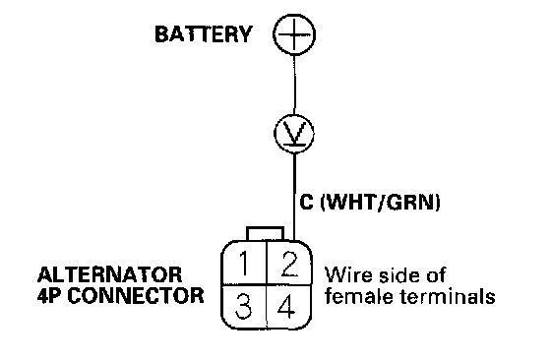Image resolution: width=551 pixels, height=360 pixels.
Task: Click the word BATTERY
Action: tap(204, 34)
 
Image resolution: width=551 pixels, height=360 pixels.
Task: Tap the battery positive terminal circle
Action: tap(294, 34)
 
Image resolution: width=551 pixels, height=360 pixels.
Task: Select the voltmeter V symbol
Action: tap(294, 133)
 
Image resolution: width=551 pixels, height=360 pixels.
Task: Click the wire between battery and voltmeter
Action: tap(294, 85)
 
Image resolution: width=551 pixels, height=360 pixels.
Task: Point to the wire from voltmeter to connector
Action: tap(294, 197)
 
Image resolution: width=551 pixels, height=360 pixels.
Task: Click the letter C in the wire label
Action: tap(306, 202)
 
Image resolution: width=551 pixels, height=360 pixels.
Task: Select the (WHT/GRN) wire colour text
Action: tap(381, 202)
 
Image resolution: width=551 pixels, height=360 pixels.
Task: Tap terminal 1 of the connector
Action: tap(244, 263)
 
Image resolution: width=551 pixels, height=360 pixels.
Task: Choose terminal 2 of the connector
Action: tap(289, 263)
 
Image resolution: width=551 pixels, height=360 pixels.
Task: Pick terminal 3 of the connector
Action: tap(244, 306)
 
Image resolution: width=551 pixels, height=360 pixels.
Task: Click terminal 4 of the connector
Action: tap(288, 306)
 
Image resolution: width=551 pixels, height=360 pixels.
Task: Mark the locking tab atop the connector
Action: tap(266, 234)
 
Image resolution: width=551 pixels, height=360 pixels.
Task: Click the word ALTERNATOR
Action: tap(110, 274)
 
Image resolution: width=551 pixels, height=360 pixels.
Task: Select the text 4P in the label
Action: tap(49, 296)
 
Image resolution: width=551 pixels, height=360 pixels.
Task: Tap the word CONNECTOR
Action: tap(136, 296)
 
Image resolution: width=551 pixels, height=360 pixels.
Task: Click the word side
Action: tap(396, 274)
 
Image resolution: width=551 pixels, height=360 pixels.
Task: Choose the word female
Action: tap(359, 296)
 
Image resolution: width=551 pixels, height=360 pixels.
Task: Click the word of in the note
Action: tap(436, 274)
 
